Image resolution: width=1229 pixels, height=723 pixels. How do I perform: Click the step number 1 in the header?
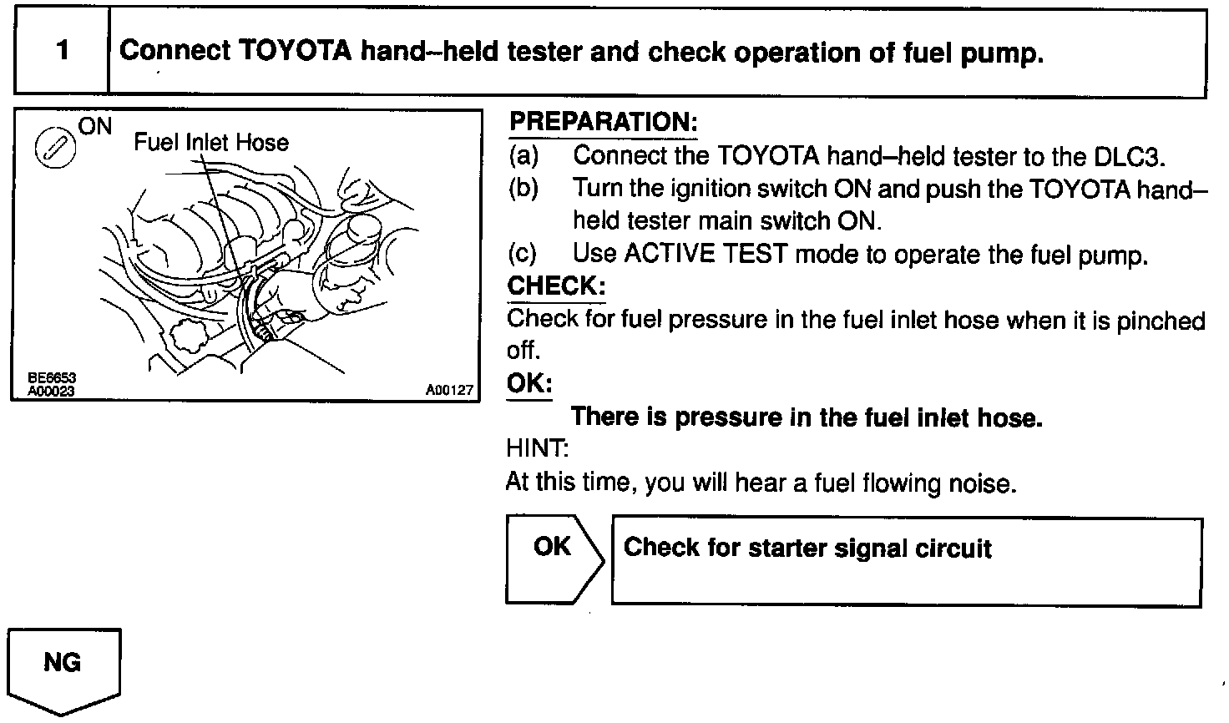pyautogui.click(x=62, y=52)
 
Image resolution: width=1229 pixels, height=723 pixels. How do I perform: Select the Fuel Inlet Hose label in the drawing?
pyautogui.click(x=211, y=142)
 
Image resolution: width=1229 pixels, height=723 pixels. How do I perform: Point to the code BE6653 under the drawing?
pyautogui.click(x=51, y=378)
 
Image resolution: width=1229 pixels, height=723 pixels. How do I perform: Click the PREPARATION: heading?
pyautogui.click(x=603, y=122)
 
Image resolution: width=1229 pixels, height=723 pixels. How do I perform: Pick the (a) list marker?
pyautogui.click(x=523, y=156)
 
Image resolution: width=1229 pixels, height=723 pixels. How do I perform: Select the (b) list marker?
pyautogui.click(x=523, y=189)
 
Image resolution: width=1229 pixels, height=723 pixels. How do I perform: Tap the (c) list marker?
pyautogui.click(x=523, y=254)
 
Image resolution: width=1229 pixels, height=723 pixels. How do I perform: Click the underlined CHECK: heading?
pyautogui.click(x=556, y=286)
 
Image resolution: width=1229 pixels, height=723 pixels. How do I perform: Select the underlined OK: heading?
pyautogui.click(x=529, y=383)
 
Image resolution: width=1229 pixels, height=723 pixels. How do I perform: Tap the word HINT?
pyautogui.click(x=537, y=449)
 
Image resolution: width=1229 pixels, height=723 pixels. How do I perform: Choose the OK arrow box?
pyautogui.click(x=553, y=559)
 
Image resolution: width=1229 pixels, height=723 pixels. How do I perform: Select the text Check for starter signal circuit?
pyautogui.click(x=807, y=549)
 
